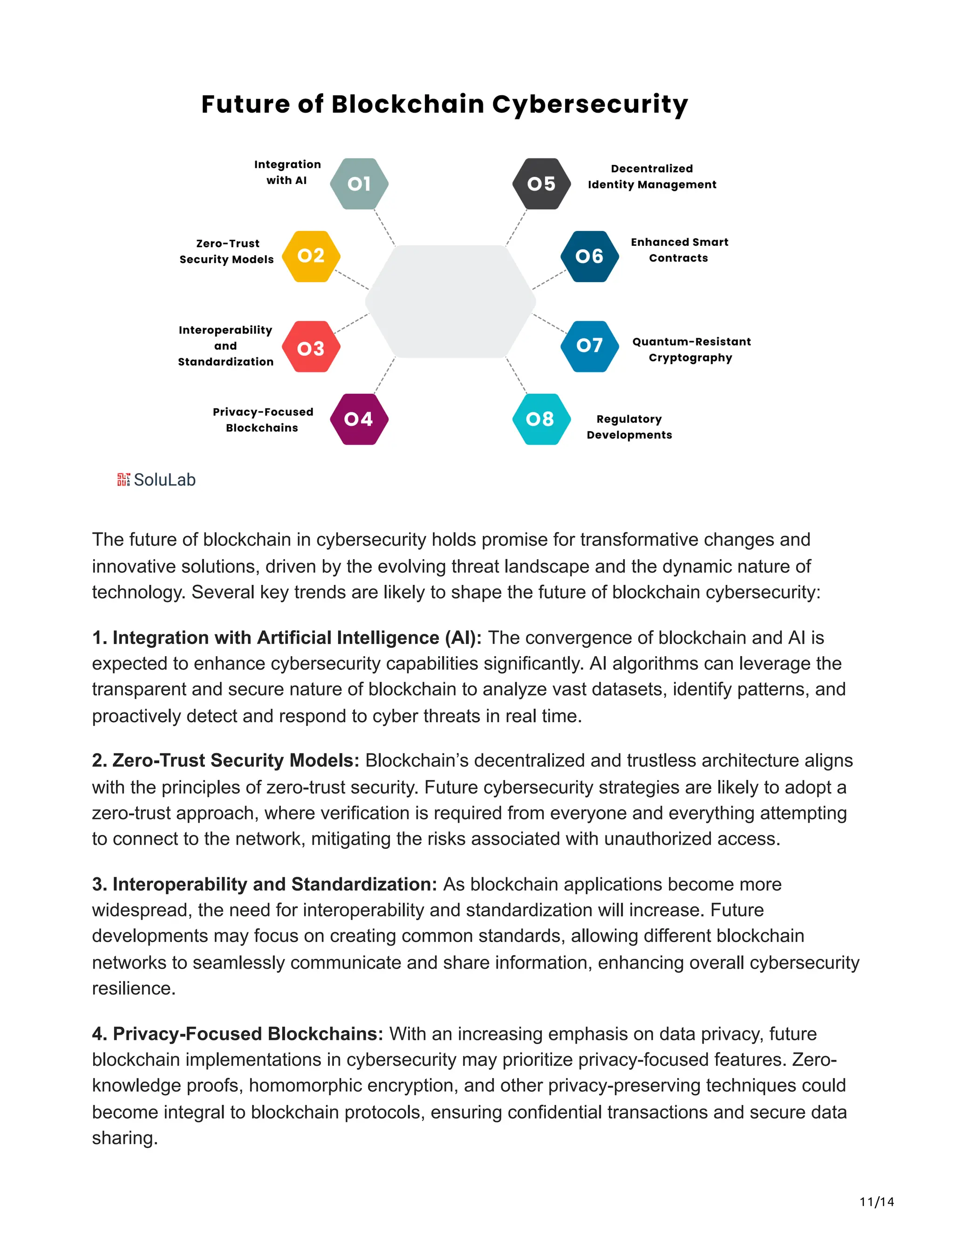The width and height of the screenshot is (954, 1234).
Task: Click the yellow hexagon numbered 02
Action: [311, 256]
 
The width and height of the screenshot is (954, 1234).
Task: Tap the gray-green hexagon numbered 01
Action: [359, 183]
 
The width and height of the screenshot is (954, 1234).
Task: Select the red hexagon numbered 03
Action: [311, 347]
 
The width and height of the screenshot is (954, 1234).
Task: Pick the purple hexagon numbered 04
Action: [359, 419]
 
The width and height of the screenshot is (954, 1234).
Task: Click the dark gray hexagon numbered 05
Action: [541, 183]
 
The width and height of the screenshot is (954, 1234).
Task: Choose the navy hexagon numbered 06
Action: [589, 256]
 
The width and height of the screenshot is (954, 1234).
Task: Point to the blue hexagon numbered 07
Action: [589, 346]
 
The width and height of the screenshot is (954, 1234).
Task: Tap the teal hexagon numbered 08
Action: [541, 419]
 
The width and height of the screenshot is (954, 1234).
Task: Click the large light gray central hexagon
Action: [450, 301]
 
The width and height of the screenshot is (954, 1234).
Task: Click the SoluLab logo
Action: [156, 480]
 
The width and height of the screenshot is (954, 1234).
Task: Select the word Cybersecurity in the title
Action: [590, 104]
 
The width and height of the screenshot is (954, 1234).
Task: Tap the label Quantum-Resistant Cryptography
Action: [691, 349]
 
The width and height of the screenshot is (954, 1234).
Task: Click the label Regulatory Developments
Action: [629, 427]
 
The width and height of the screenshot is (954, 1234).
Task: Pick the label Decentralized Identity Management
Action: [652, 176]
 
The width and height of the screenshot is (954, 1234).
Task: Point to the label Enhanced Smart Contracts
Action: [679, 250]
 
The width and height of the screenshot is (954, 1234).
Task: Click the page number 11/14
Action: [877, 1202]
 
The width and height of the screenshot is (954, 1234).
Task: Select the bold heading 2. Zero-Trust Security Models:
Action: [225, 760]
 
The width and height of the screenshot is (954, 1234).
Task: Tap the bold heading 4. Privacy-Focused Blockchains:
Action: [238, 1033]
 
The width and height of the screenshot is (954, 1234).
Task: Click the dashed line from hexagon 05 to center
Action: [516, 228]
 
